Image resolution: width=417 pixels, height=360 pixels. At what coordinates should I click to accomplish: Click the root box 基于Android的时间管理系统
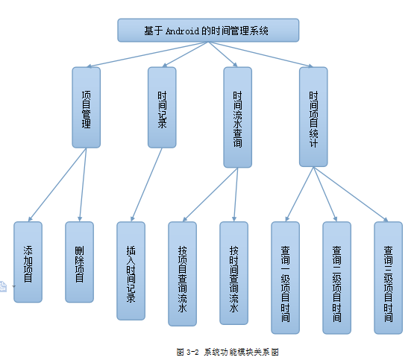click(208, 31)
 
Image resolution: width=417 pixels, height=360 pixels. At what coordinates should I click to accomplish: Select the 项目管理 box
click(87, 107)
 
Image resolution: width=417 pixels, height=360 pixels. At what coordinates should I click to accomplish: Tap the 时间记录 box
click(162, 107)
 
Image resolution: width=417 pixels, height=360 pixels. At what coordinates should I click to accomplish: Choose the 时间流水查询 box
click(237, 117)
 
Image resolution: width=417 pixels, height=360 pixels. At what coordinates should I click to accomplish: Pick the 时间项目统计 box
click(313, 117)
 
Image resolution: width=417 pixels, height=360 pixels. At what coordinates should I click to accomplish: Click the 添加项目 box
click(28, 262)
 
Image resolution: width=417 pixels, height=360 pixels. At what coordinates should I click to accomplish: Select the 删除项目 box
click(80, 262)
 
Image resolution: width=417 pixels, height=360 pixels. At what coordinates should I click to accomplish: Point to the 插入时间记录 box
click(131, 271)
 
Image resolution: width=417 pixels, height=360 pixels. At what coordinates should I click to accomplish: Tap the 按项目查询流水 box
click(183, 274)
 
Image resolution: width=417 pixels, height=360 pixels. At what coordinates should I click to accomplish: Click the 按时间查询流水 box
click(234, 273)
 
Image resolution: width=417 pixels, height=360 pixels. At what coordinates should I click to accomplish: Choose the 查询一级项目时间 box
click(286, 277)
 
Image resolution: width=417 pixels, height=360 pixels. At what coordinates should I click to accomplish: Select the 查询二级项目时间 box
click(336, 277)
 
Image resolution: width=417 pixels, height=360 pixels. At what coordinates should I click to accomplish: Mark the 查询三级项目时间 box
click(388, 277)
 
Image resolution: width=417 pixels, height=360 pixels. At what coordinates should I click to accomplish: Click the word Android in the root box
click(183, 31)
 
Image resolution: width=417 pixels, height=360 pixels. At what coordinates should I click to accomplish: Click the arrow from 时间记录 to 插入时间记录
click(146, 184)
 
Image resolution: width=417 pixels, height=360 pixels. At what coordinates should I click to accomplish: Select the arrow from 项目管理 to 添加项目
click(57, 185)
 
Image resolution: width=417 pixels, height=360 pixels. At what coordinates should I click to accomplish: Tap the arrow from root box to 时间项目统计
click(260, 54)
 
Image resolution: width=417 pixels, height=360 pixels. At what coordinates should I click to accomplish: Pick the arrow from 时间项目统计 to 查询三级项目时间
click(351, 195)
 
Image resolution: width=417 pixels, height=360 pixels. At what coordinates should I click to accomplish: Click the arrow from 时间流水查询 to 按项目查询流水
click(210, 195)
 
